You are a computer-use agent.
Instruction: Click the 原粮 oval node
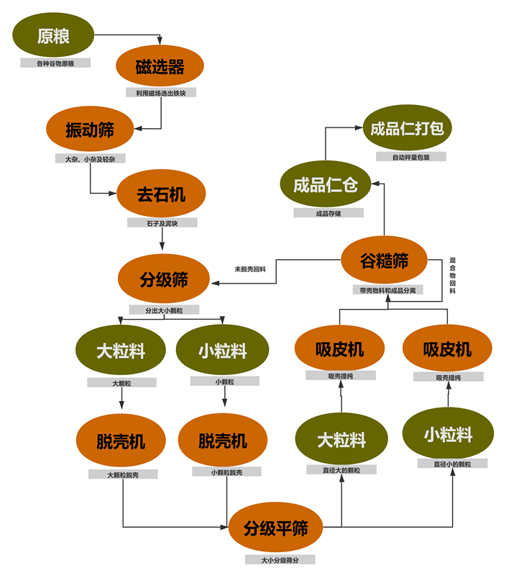coord(53,36)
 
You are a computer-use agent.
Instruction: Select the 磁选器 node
coord(160,68)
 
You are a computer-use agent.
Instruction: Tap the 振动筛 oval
coord(90,130)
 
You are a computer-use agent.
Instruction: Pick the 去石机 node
coord(162,194)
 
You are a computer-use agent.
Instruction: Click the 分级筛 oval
coord(164,279)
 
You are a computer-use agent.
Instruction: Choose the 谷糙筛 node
coord(385,261)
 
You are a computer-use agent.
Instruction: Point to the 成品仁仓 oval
coord(325,184)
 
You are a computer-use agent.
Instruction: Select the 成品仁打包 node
coord(407,129)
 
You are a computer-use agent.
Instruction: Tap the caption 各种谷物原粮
coord(55,63)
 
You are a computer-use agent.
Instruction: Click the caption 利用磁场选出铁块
coord(161,93)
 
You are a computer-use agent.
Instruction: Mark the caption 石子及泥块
coord(162,223)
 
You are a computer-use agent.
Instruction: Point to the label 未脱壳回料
coord(250,269)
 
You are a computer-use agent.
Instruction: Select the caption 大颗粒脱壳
coord(122,474)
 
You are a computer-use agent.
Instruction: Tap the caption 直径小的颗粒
coord(453,464)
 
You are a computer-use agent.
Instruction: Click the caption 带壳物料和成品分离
coord(388,290)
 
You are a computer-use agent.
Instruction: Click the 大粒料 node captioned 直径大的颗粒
coord(342,439)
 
